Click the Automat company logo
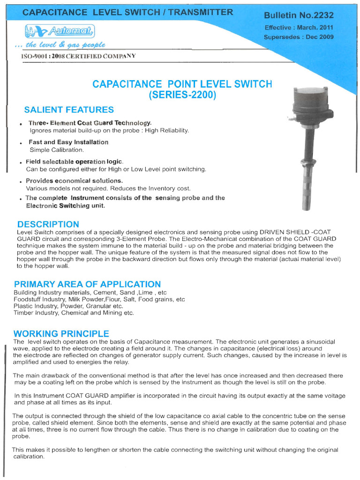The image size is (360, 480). click(60, 31)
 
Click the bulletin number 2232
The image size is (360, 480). click(299, 16)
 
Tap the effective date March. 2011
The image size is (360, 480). click(299, 28)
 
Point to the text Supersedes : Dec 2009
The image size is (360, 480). click(299, 37)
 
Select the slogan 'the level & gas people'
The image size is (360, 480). click(60, 45)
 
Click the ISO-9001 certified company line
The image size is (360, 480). click(78, 56)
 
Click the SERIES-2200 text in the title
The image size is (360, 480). click(182, 95)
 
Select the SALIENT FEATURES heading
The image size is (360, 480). click(69, 110)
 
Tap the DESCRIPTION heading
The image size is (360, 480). click(48, 224)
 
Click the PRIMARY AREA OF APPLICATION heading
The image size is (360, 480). click(87, 284)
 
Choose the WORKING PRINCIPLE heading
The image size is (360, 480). click(61, 334)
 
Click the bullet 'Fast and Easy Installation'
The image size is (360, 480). click(68, 142)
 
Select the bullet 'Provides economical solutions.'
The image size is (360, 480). click(74, 180)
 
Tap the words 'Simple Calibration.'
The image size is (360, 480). click(57, 150)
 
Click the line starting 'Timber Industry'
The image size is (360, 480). click(74, 313)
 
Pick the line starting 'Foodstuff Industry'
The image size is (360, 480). click(99, 299)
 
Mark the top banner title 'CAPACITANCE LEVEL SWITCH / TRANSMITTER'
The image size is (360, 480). click(127, 12)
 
